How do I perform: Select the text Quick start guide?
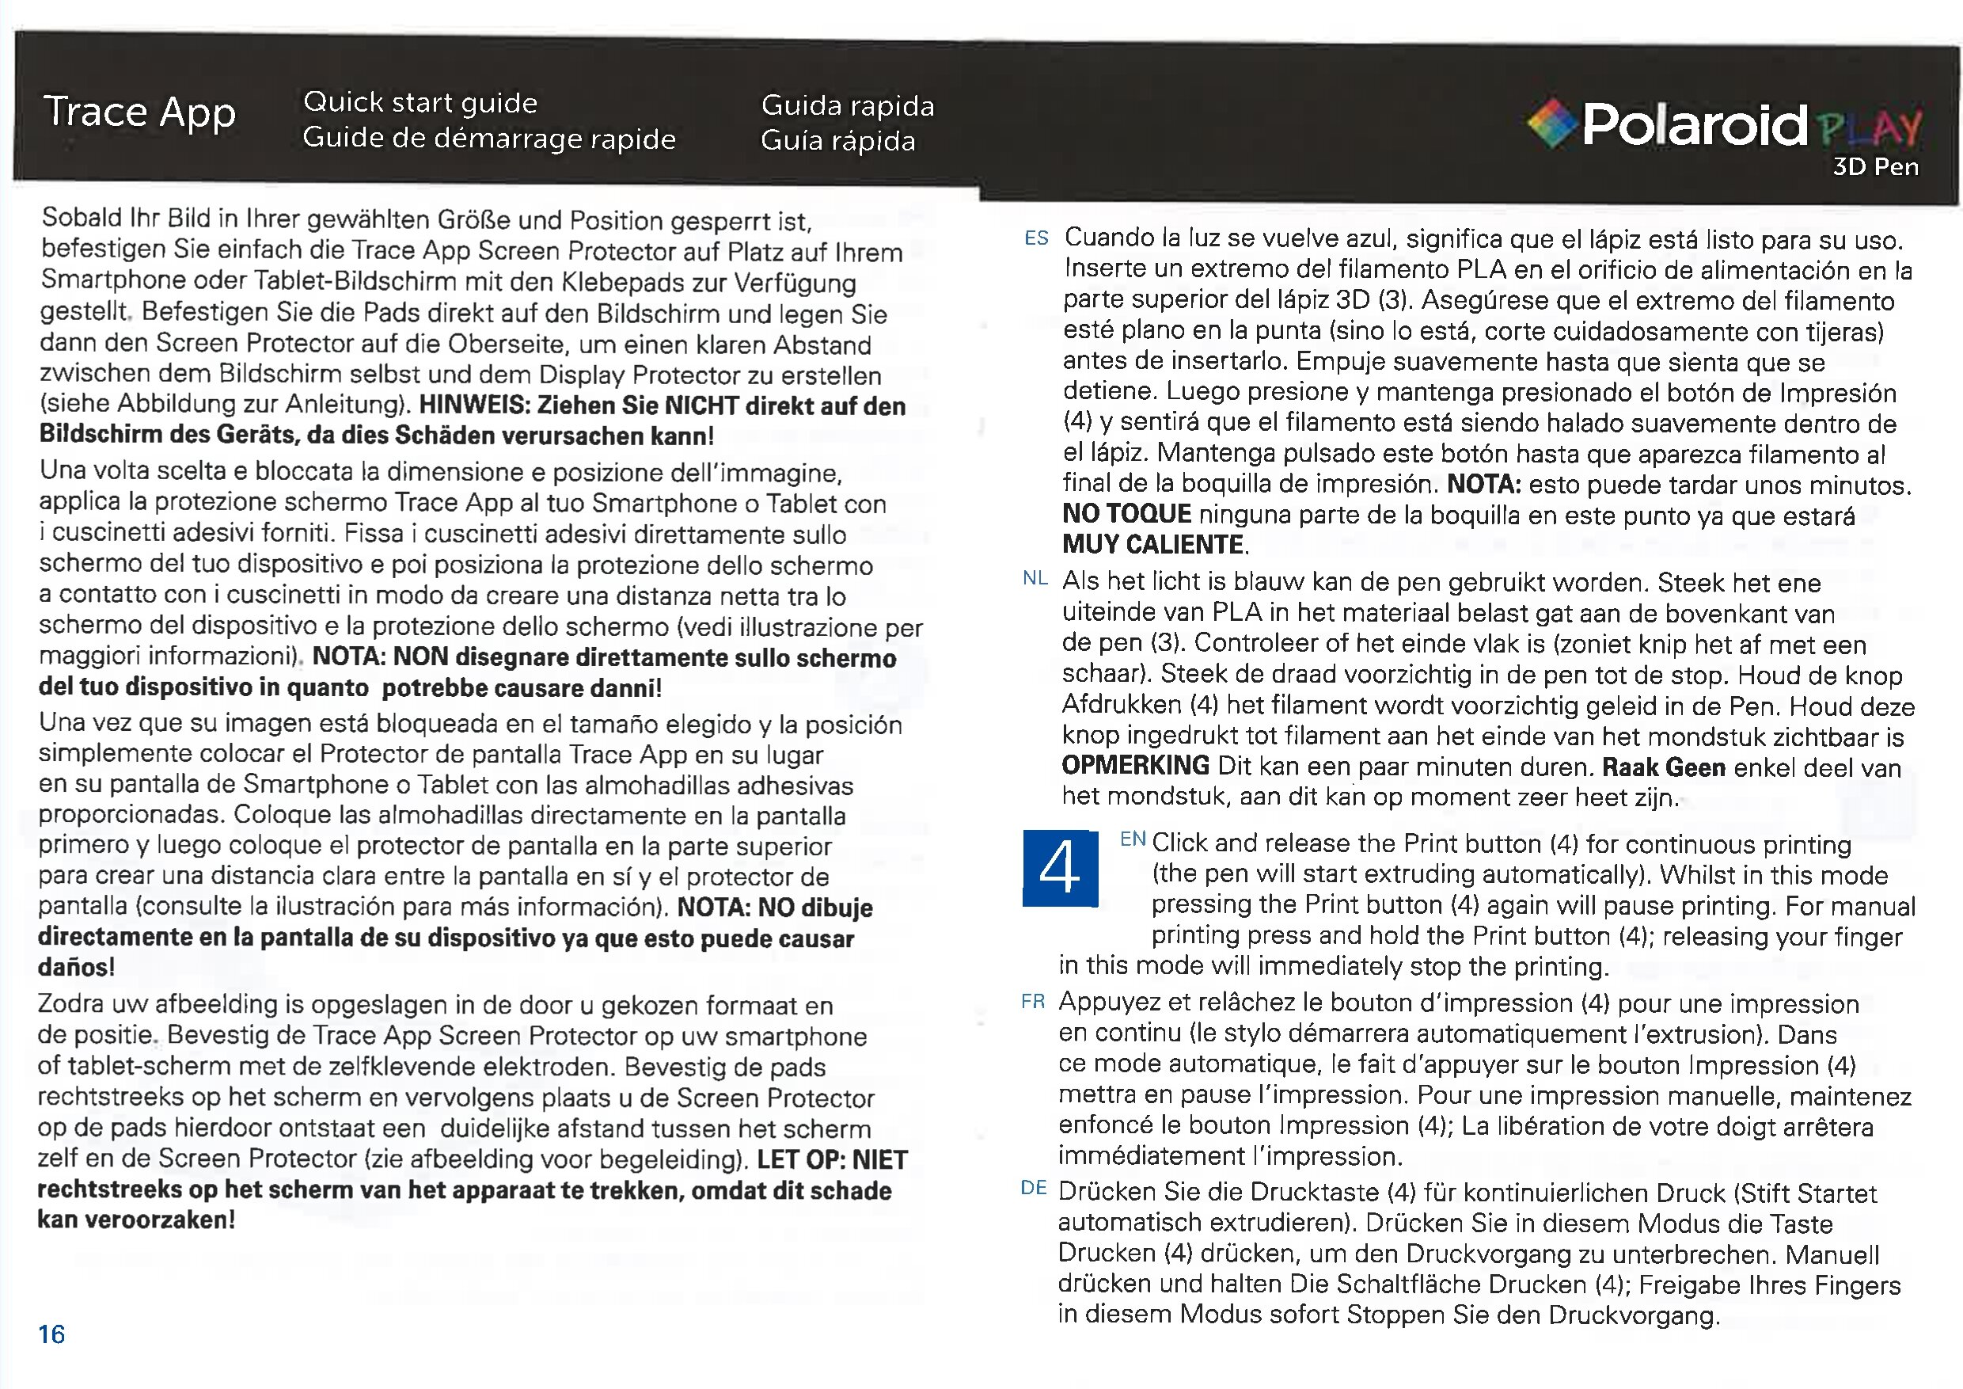[x=420, y=103]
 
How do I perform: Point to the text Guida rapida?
[x=847, y=106]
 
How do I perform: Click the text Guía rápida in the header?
[x=838, y=141]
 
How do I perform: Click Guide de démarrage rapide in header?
[x=489, y=139]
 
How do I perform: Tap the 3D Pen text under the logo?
[x=1875, y=167]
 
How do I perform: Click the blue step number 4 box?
[x=1060, y=868]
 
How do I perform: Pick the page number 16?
[x=51, y=1334]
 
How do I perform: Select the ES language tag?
[x=1036, y=238]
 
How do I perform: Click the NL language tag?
[x=1035, y=579]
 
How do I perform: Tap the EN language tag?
[x=1133, y=840]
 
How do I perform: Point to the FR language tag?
[x=1033, y=1002]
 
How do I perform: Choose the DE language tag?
[x=1034, y=1188]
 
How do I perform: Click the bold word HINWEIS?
[x=473, y=405]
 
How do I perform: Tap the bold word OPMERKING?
[x=1135, y=765]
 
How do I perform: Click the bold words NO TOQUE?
[x=1127, y=514]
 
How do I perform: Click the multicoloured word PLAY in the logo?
[x=1870, y=128]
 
